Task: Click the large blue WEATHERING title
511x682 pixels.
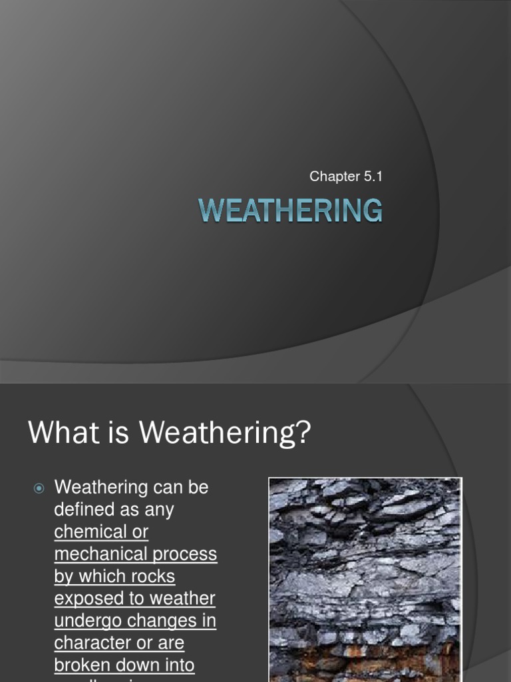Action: [291, 210]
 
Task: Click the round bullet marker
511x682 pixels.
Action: [39, 488]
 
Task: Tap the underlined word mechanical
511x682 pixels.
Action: [98, 554]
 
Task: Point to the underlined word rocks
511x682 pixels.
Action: [152, 576]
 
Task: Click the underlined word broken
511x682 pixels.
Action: [85, 665]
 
